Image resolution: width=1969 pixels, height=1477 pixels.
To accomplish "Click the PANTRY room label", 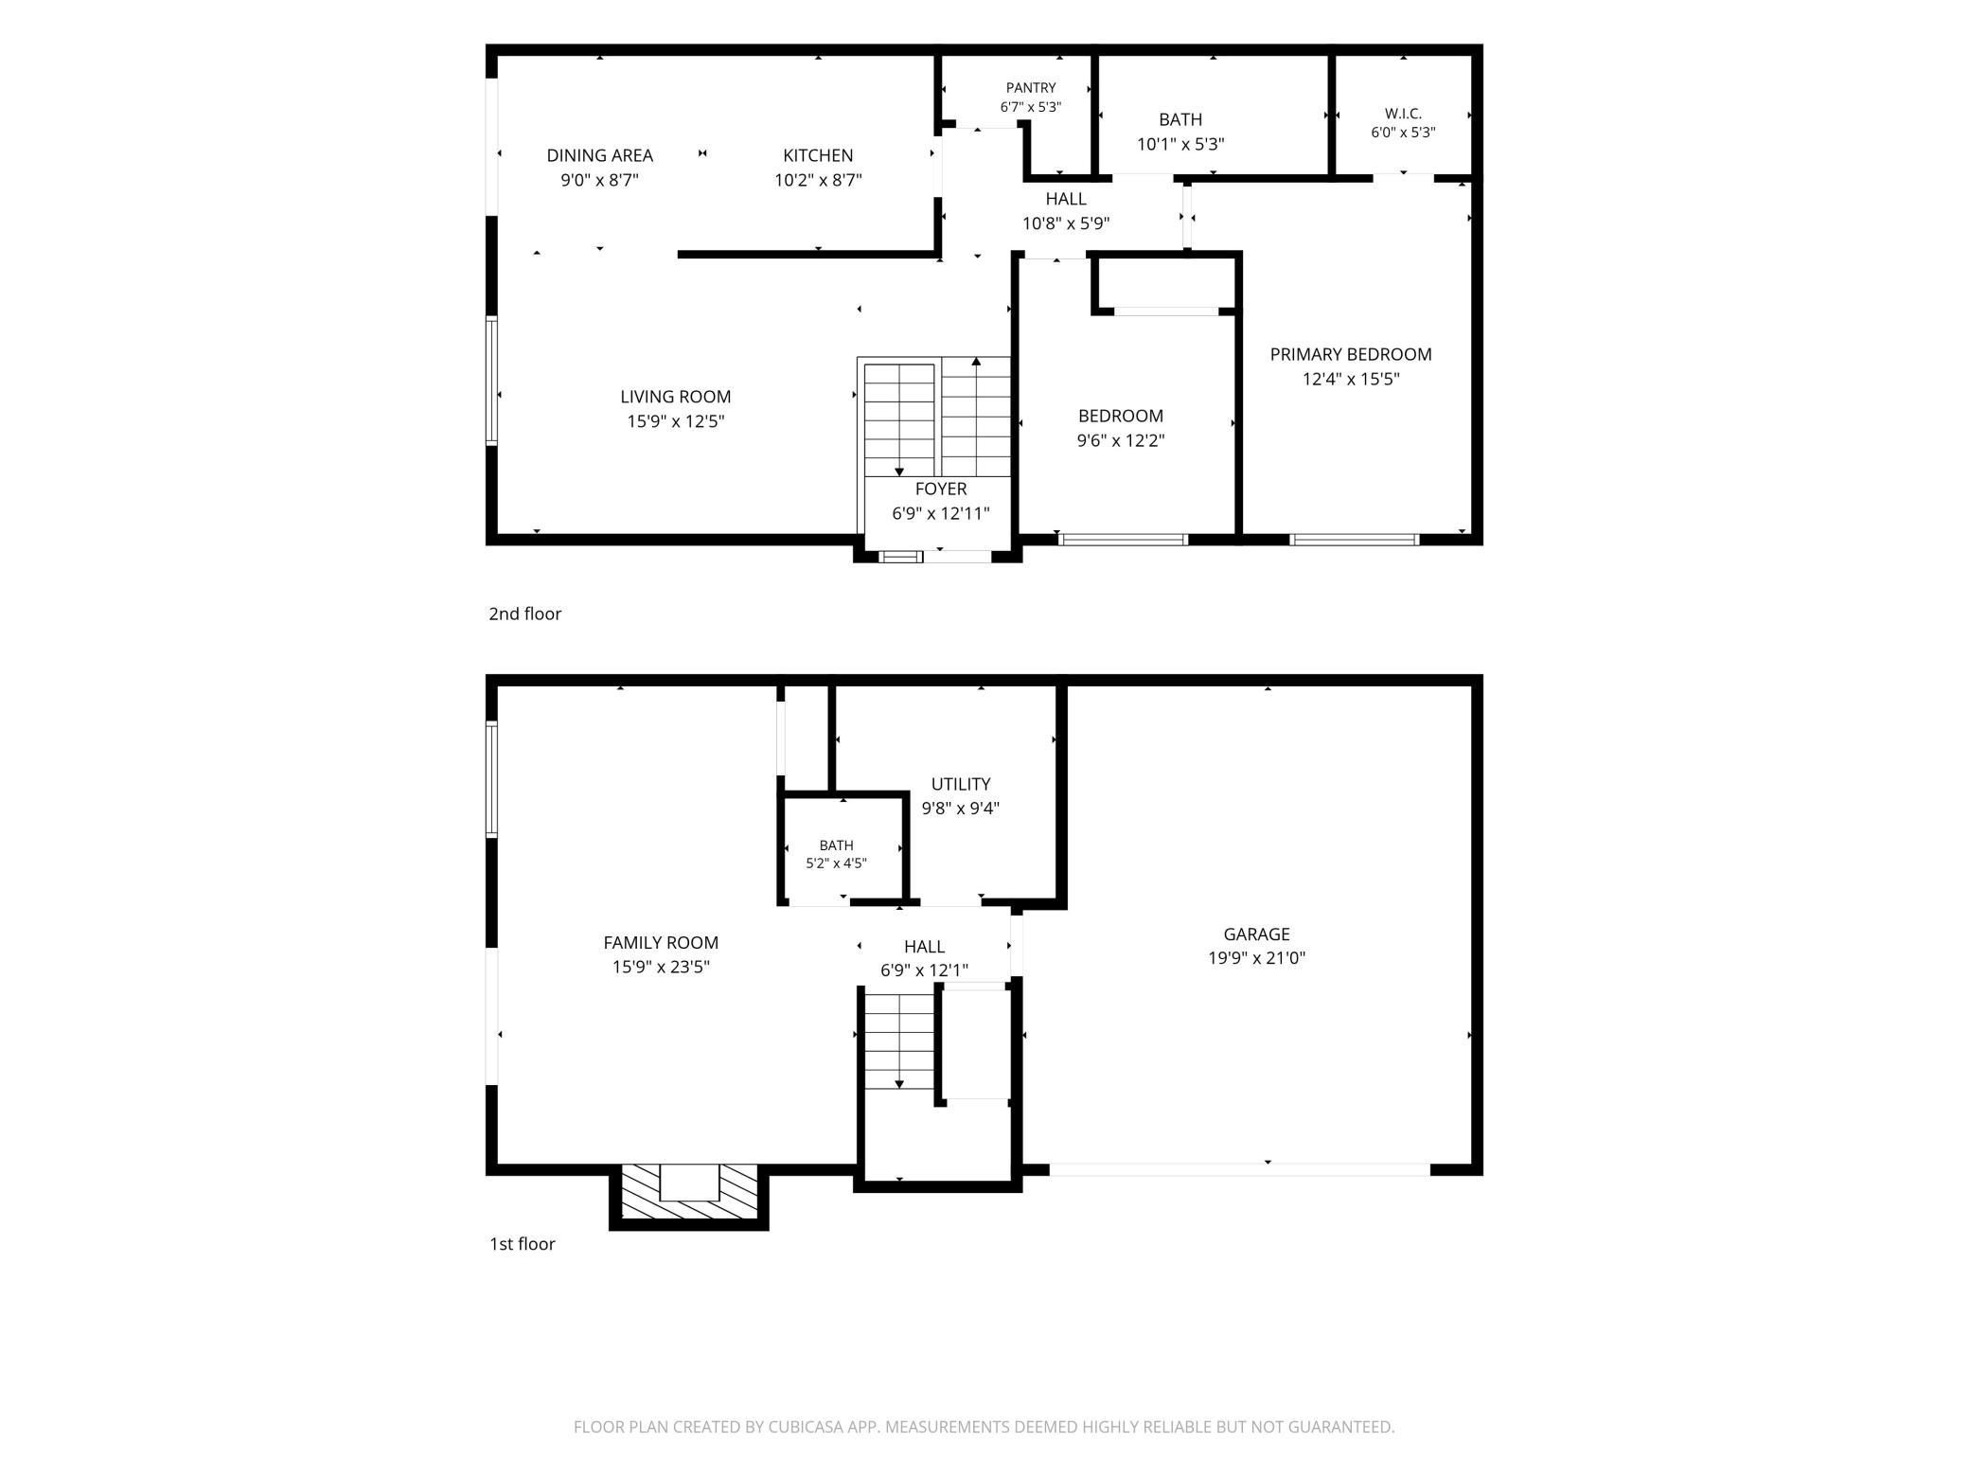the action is pyautogui.click(x=1031, y=88).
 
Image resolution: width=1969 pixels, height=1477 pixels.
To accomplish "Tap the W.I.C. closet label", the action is pyautogui.click(x=1403, y=114).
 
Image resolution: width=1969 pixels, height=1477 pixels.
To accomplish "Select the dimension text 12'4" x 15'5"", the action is pyautogui.click(x=1351, y=380).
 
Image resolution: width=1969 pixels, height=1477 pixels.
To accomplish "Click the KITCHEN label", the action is pyautogui.click(x=818, y=155).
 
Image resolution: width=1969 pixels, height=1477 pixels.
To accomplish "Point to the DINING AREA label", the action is pyautogui.click(x=599, y=155).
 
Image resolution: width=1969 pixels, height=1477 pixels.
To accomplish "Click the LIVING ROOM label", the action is pyautogui.click(x=676, y=397).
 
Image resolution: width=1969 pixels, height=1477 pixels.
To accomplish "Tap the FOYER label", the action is pyautogui.click(x=941, y=489).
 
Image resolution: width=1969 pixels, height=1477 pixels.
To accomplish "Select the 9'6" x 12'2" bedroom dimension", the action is pyautogui.click(x=1121, y=440).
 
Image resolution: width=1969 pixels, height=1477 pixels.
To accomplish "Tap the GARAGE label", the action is pyautogui.click(x=1256, y=934).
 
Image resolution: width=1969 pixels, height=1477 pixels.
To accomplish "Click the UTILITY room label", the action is pyautogui.click(x=961, y=784).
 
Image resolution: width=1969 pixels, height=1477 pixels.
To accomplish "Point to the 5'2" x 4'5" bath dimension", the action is pyautogui.click(x=836, y=863).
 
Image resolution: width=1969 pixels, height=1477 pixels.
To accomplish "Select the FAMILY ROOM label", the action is pyautogui.click(x=661, y=942).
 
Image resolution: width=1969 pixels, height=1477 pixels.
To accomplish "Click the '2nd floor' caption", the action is pyautogui.click(x=524, y=614).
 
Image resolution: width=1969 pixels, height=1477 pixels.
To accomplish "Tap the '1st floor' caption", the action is pyautogui.click(x=522, y=1244).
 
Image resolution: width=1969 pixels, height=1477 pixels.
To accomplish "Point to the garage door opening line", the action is pyautogui.click(x=1240, y=1170).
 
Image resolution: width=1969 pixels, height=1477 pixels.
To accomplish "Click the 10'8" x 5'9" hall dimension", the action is pyautogui.click(x=1066, y=224).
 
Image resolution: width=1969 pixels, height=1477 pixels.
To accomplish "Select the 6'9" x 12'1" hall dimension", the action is pyautogui.click(x=924, y=970).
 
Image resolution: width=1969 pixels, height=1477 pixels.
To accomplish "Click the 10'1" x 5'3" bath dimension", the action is pyautogui.click(x=1180, y=144).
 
